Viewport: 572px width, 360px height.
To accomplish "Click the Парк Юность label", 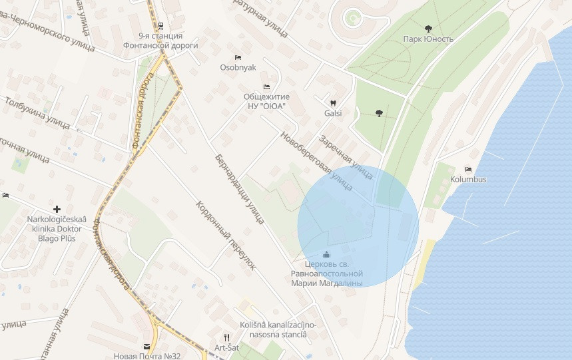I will pos(428,39).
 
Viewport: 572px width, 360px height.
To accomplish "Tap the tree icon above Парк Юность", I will pos(428,28).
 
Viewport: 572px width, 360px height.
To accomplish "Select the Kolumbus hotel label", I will pos(468,180).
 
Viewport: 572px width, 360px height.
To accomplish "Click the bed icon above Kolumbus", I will pos(468,170).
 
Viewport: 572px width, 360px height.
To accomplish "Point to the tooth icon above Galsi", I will pos(333,102).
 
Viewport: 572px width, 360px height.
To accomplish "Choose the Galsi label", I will pos(333,113).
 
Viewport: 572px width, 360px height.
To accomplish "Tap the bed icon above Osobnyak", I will pos(238,57).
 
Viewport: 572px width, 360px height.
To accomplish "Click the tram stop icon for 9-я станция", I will pos(160,25).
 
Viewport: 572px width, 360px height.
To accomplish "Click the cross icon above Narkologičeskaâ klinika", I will pos(57,209).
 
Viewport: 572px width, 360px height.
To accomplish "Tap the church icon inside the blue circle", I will pos(326,254).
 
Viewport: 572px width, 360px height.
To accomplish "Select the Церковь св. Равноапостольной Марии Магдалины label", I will pos(327,273).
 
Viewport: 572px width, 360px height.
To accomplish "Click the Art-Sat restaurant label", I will pos(226,347).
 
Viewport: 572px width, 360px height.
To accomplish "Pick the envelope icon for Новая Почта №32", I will pos(146,347).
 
